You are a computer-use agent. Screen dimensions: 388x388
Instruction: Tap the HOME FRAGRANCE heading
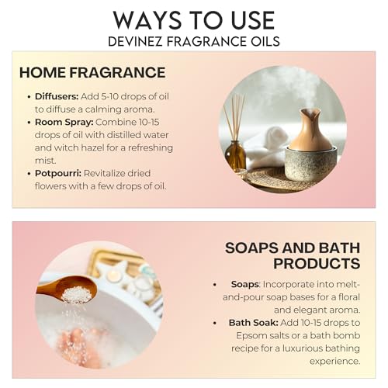(92, 72)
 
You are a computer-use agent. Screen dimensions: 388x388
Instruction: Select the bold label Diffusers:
(57, 96)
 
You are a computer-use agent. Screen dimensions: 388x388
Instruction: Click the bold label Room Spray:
(64, 122)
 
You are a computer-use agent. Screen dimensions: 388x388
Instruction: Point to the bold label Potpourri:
(58, 173)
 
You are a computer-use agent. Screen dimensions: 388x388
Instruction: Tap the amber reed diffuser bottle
(235, 155)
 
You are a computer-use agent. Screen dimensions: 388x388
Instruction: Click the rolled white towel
(266, 147)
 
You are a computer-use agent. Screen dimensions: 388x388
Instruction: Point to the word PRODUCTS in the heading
(317, 264)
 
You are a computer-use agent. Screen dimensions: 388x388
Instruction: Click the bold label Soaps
(244, 284)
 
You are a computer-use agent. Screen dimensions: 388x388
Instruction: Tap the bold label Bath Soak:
(254, 323)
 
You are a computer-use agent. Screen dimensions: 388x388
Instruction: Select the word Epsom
(251, 336)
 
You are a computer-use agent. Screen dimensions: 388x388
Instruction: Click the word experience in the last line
(334, 362)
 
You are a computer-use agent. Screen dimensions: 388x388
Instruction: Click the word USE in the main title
(253, 20)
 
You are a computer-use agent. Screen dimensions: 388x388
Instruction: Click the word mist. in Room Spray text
(46, 161)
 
